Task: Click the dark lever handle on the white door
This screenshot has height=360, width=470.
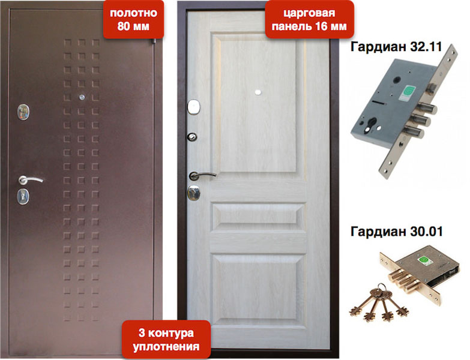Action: [x=199, y=175]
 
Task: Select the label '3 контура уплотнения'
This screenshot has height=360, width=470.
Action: [x=167, y=340]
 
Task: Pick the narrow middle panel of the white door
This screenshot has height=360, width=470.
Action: [x=258, y=215]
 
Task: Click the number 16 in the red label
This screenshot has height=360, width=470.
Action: [x=324, y=26]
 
